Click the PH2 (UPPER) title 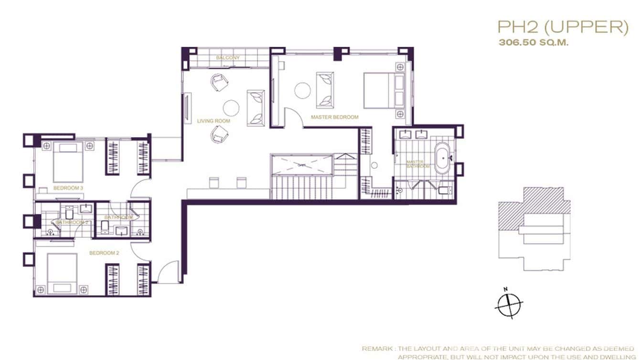[x=562, y=27]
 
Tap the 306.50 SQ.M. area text [x=534, y=42]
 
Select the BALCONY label [x=227, y=58]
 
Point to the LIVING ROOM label [x=214, y=121]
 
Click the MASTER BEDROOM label [x=334, y=117]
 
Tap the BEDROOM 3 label [x=68, y=188]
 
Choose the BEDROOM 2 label [x=104, y=253]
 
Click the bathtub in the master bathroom [x=442, y=158]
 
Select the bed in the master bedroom [x=384, y=90]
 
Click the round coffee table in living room [x=231, y=108]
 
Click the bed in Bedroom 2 [x=62, y=273]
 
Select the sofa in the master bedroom [x=325, y=90]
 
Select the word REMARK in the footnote [x=376, y=349]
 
